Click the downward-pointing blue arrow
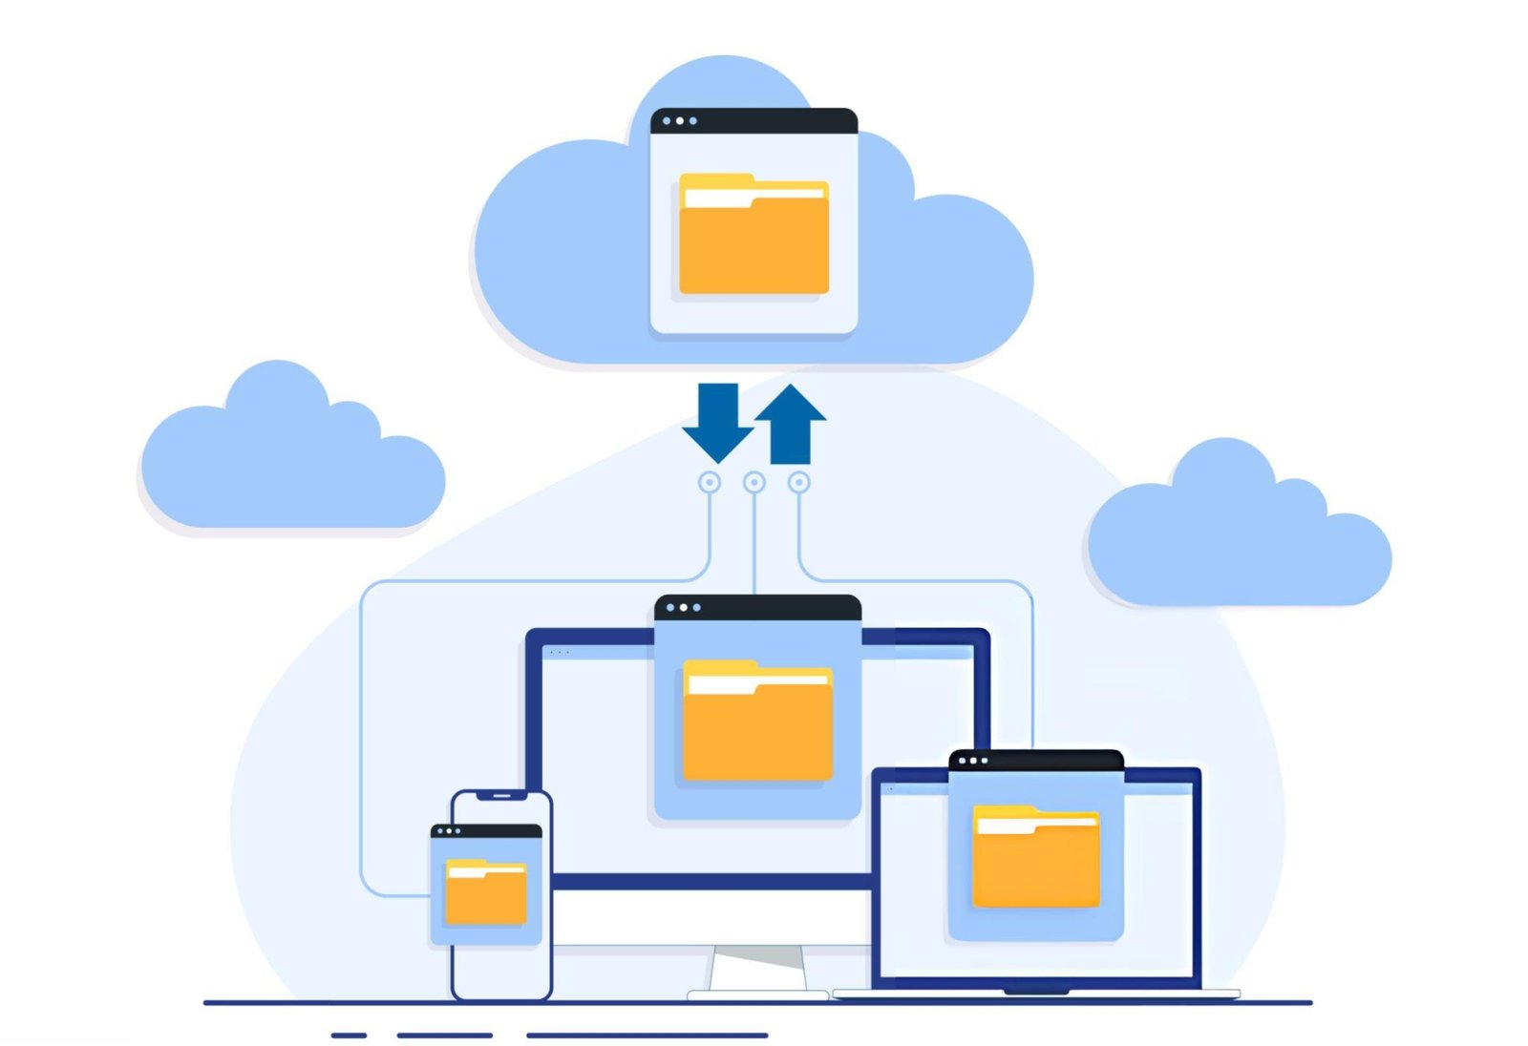(x=718, y=421)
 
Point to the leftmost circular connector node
(x=710, y=483)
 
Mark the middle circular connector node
(x=754, y=483)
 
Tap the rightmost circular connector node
(x=799, y=483)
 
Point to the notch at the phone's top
(x=501, y=795)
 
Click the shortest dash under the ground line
(x=349, y=1035)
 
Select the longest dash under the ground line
(x=647, y=1035)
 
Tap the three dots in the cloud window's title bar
(x=679, y=121)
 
